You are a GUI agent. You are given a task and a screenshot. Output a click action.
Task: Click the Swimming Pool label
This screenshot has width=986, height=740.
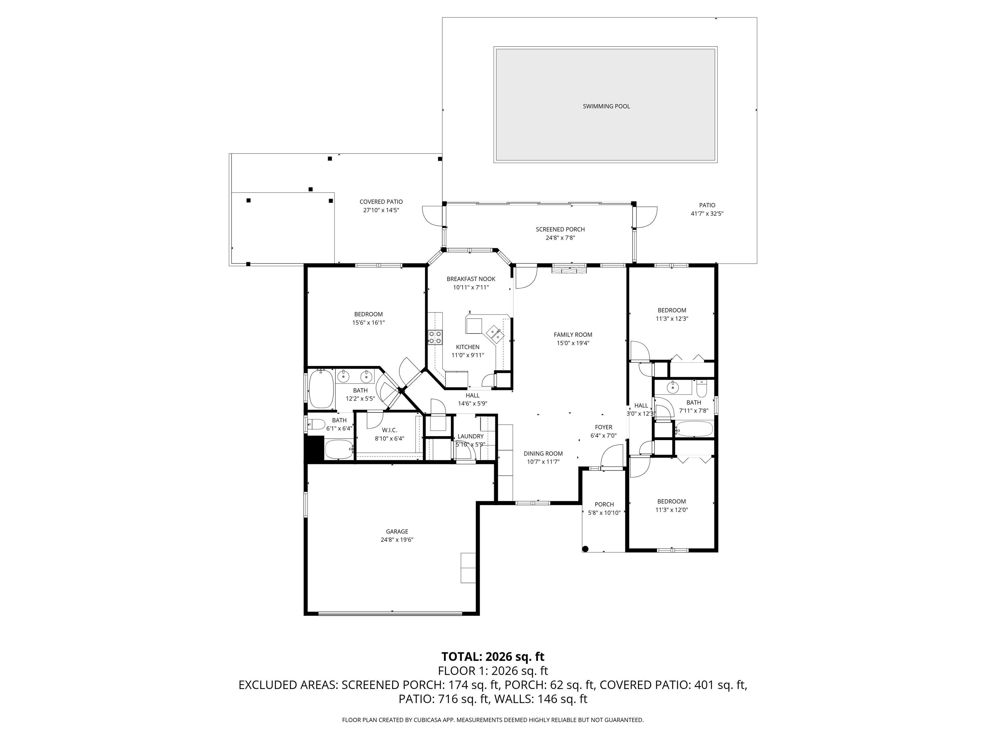click(606, 106)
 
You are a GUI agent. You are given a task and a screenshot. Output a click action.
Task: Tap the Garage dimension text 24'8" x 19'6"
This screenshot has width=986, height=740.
click(397, 540)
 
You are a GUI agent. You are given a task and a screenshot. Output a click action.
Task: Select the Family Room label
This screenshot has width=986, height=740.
click(573, 335)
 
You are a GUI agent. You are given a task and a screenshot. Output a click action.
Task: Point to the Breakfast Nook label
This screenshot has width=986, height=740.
click(471, 279)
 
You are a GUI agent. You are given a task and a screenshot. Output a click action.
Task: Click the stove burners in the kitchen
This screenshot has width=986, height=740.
click(435, 337)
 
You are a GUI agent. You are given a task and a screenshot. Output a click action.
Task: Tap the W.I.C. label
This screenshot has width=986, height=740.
click(389, 430)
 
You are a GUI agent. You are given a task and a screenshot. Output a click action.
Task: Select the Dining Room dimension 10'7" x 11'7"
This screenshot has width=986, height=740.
click(543, 462)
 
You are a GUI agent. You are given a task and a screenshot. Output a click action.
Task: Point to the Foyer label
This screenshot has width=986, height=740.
click(603, 427)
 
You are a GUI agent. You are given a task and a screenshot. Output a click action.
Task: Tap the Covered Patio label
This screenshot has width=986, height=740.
click(381, 202)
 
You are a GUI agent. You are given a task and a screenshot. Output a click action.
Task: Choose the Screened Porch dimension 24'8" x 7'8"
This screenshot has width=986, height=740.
click(560, 238)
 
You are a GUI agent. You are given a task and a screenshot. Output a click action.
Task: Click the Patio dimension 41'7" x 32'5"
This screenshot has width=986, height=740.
click(707, 214)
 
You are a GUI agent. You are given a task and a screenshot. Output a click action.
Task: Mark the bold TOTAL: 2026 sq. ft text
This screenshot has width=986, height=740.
click(493, 656)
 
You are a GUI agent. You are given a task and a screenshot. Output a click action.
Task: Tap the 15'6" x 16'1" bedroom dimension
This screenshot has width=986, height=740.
click(368, 322)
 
